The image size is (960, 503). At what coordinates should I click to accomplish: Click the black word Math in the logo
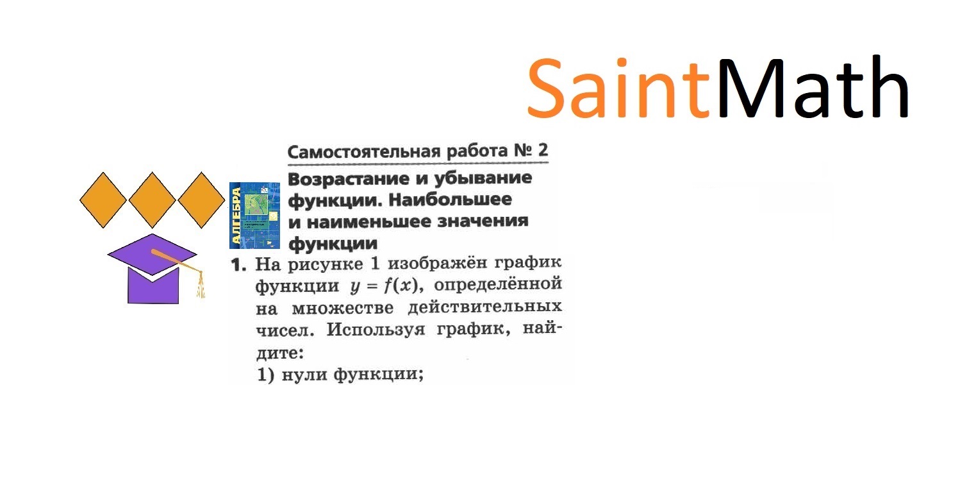813,89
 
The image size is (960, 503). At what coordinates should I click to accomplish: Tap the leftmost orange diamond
103,200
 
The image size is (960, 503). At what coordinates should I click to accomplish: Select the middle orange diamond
153,200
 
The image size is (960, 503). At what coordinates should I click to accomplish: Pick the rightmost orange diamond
201,200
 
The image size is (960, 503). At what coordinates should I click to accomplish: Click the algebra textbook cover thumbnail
254,215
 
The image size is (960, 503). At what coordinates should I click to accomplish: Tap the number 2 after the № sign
543,151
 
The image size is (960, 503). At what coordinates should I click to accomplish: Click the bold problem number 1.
238,264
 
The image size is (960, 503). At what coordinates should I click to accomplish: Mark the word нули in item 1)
304,375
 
